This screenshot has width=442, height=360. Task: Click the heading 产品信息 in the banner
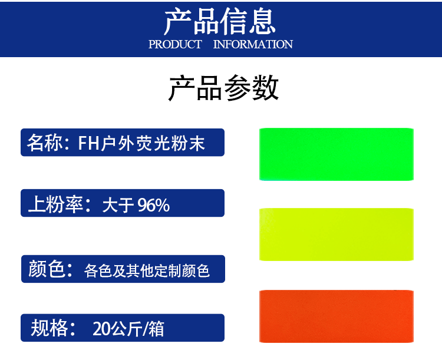[220, 21]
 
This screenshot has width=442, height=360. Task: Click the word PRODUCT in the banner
[175, 44]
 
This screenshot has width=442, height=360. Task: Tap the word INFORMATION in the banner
[253, 44]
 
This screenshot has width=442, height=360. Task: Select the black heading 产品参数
[223, 88]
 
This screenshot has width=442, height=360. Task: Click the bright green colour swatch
[337, 154]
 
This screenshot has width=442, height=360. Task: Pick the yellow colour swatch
[337, 235]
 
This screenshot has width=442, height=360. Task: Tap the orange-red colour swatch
[337, 316]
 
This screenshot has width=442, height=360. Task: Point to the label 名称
[45, 143]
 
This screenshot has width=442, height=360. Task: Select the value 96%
[154, 205]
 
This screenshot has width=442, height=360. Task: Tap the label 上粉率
[55, 204]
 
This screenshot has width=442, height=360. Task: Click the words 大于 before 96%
[118, 205]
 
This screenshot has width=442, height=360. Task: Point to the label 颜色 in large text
[47, 269]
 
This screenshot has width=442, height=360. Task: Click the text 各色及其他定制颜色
[147, 271]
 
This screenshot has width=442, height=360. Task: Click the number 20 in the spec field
[101, 329]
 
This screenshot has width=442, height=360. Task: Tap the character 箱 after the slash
[156, 329]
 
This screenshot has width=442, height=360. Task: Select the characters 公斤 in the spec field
[126, 329]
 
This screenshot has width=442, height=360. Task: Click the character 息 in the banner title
[262, 21]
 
